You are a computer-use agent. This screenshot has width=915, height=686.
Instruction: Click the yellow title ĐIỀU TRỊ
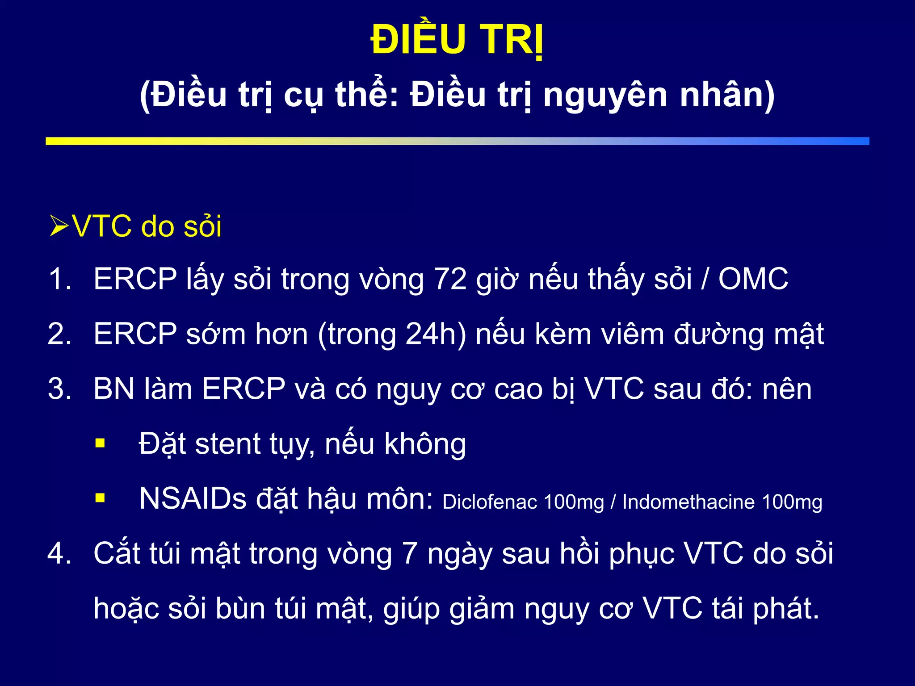point(457,40)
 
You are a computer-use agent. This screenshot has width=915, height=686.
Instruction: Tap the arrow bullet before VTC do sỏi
point(59,226)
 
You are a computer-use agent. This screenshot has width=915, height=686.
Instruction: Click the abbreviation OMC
point(753,280)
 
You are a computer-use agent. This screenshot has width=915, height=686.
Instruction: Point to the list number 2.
point(59,335)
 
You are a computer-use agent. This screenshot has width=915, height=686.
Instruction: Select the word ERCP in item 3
point(243,389)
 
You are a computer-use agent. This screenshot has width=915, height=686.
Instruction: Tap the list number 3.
point(59,389)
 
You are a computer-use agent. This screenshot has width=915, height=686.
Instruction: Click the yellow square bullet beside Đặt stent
point(100,443)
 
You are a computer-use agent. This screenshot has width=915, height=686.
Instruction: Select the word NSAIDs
point(193,499)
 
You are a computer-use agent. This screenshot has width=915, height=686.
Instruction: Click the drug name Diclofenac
point(490,502)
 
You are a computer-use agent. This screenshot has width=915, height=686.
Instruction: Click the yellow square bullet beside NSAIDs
point(100,498)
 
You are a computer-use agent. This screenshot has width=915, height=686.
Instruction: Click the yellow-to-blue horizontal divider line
point(457,141)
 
